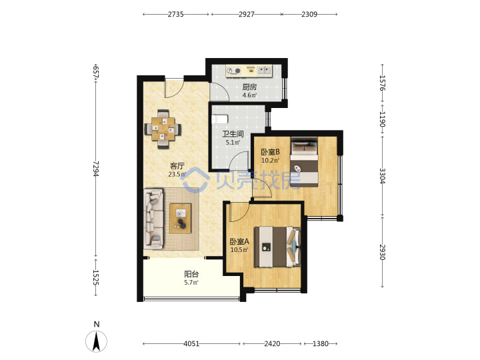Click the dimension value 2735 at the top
point(175,14)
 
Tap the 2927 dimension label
point(247,14)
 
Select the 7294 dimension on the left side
point(96,169)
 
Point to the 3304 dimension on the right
point(383,176)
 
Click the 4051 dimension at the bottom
point(191,344)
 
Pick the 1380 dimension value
point(321,344)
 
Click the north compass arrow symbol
point(96,341)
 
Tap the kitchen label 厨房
point(249,87)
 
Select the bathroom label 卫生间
point(233,134)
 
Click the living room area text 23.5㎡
point(177,175)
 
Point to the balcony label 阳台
point(191,274)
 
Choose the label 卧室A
point(239,241)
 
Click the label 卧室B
point(270,152)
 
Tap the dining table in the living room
point(163,129)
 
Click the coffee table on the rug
point(180,218)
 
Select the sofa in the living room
point(153,219)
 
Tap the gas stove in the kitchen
point(233,71)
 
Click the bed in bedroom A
point(277,247)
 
